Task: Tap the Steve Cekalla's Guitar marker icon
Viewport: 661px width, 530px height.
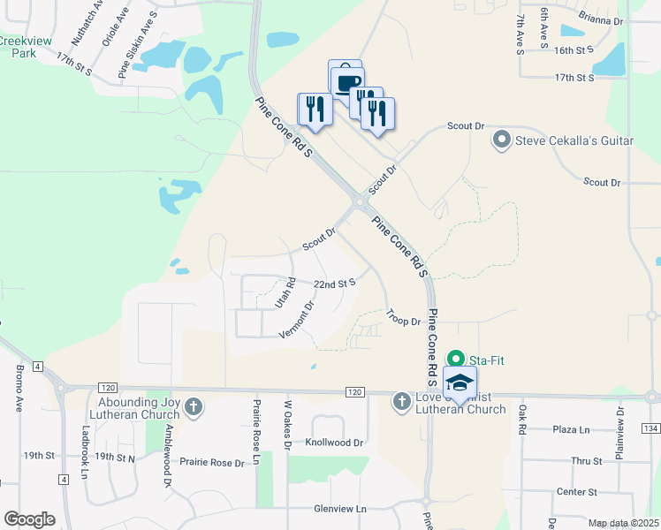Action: tap(502, 140)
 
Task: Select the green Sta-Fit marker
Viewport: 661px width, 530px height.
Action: tap(456, 359)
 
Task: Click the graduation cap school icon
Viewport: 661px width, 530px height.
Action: tap(460, 382)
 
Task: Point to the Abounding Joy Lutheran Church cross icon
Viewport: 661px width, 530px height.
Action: tap(194, 407)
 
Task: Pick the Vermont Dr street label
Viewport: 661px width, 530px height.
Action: tap(297, 320)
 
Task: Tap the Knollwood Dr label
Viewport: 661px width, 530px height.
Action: tap(334, 442)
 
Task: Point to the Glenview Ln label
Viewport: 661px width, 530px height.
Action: tap(339, 509)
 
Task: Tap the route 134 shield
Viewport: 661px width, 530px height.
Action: tap(651, 428)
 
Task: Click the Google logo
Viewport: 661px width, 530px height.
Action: tap(29, 519)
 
